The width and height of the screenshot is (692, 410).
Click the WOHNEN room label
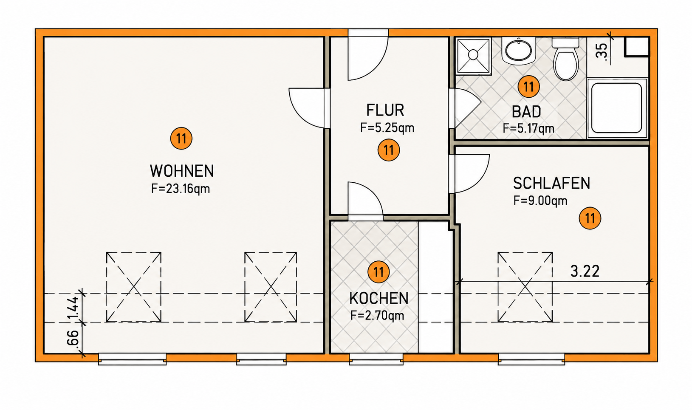pyautogui.click(x=182, y=171)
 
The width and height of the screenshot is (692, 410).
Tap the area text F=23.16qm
pyautogui.click(x=181, y=189)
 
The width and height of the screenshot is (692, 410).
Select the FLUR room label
pyautogui.click(x=385, y=110)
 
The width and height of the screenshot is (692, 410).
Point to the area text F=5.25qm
pyautogui.click(x=387, y=127)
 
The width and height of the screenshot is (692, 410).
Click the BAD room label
pyautogui.click(x=526, y=112)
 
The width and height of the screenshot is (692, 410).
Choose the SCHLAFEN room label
pyautogui.click(x=551, y=183)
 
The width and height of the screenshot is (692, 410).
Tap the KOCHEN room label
pyautogui.click(x=379, y=298)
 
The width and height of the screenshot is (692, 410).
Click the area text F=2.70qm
pyautogui.click(x=377, y=315)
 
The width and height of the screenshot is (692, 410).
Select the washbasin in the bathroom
pyautogui.click(x=519, y=51)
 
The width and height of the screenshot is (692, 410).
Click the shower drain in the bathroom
pyautogui.click(x=473, y=55)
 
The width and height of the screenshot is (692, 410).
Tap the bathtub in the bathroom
pyautogui.click(x=617, y=108)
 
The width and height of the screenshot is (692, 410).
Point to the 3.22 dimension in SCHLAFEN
pyautogui.click(x=585, y=271)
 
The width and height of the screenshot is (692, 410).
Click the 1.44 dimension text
pyautogui.click(x=73, y=308)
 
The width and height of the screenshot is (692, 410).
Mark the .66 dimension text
pyautogui.click(x=73, y=339)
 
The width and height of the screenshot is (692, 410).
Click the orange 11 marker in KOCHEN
pyautogui.click(x=378, y=272)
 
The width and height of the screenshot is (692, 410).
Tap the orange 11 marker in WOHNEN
pyautogui.click(x=181, y=139)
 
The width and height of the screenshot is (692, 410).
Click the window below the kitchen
pyautogui.click(x=376, y=359)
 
